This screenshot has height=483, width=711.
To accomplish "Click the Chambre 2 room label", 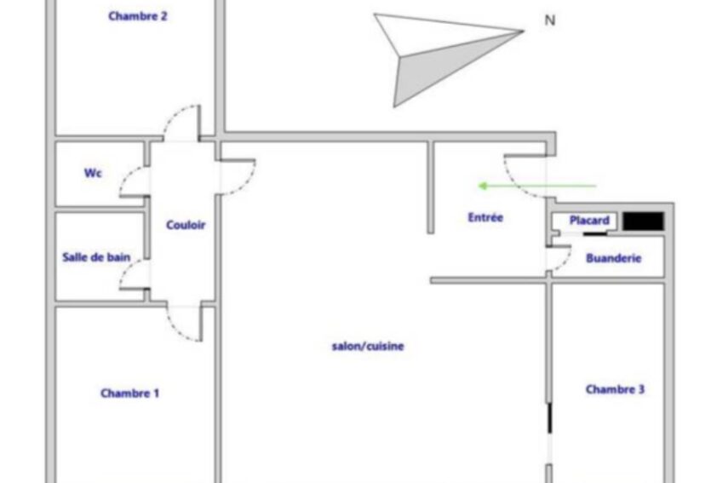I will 137,15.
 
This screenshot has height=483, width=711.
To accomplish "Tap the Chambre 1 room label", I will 129,394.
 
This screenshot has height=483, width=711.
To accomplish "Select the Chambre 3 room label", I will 615,389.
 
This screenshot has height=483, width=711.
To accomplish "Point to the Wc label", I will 93,173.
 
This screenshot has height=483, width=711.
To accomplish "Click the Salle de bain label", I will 95,257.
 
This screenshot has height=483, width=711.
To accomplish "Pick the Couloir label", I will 186,225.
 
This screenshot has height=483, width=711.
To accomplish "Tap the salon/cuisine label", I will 368,347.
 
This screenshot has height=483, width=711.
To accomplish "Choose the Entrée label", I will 485,217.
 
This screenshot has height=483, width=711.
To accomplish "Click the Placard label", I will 589,221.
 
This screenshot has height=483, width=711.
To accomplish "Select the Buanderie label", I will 613,258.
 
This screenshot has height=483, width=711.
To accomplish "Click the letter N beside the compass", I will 549,20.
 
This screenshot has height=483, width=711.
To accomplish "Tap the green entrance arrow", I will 536,185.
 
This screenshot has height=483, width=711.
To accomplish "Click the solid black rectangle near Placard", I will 643,221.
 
